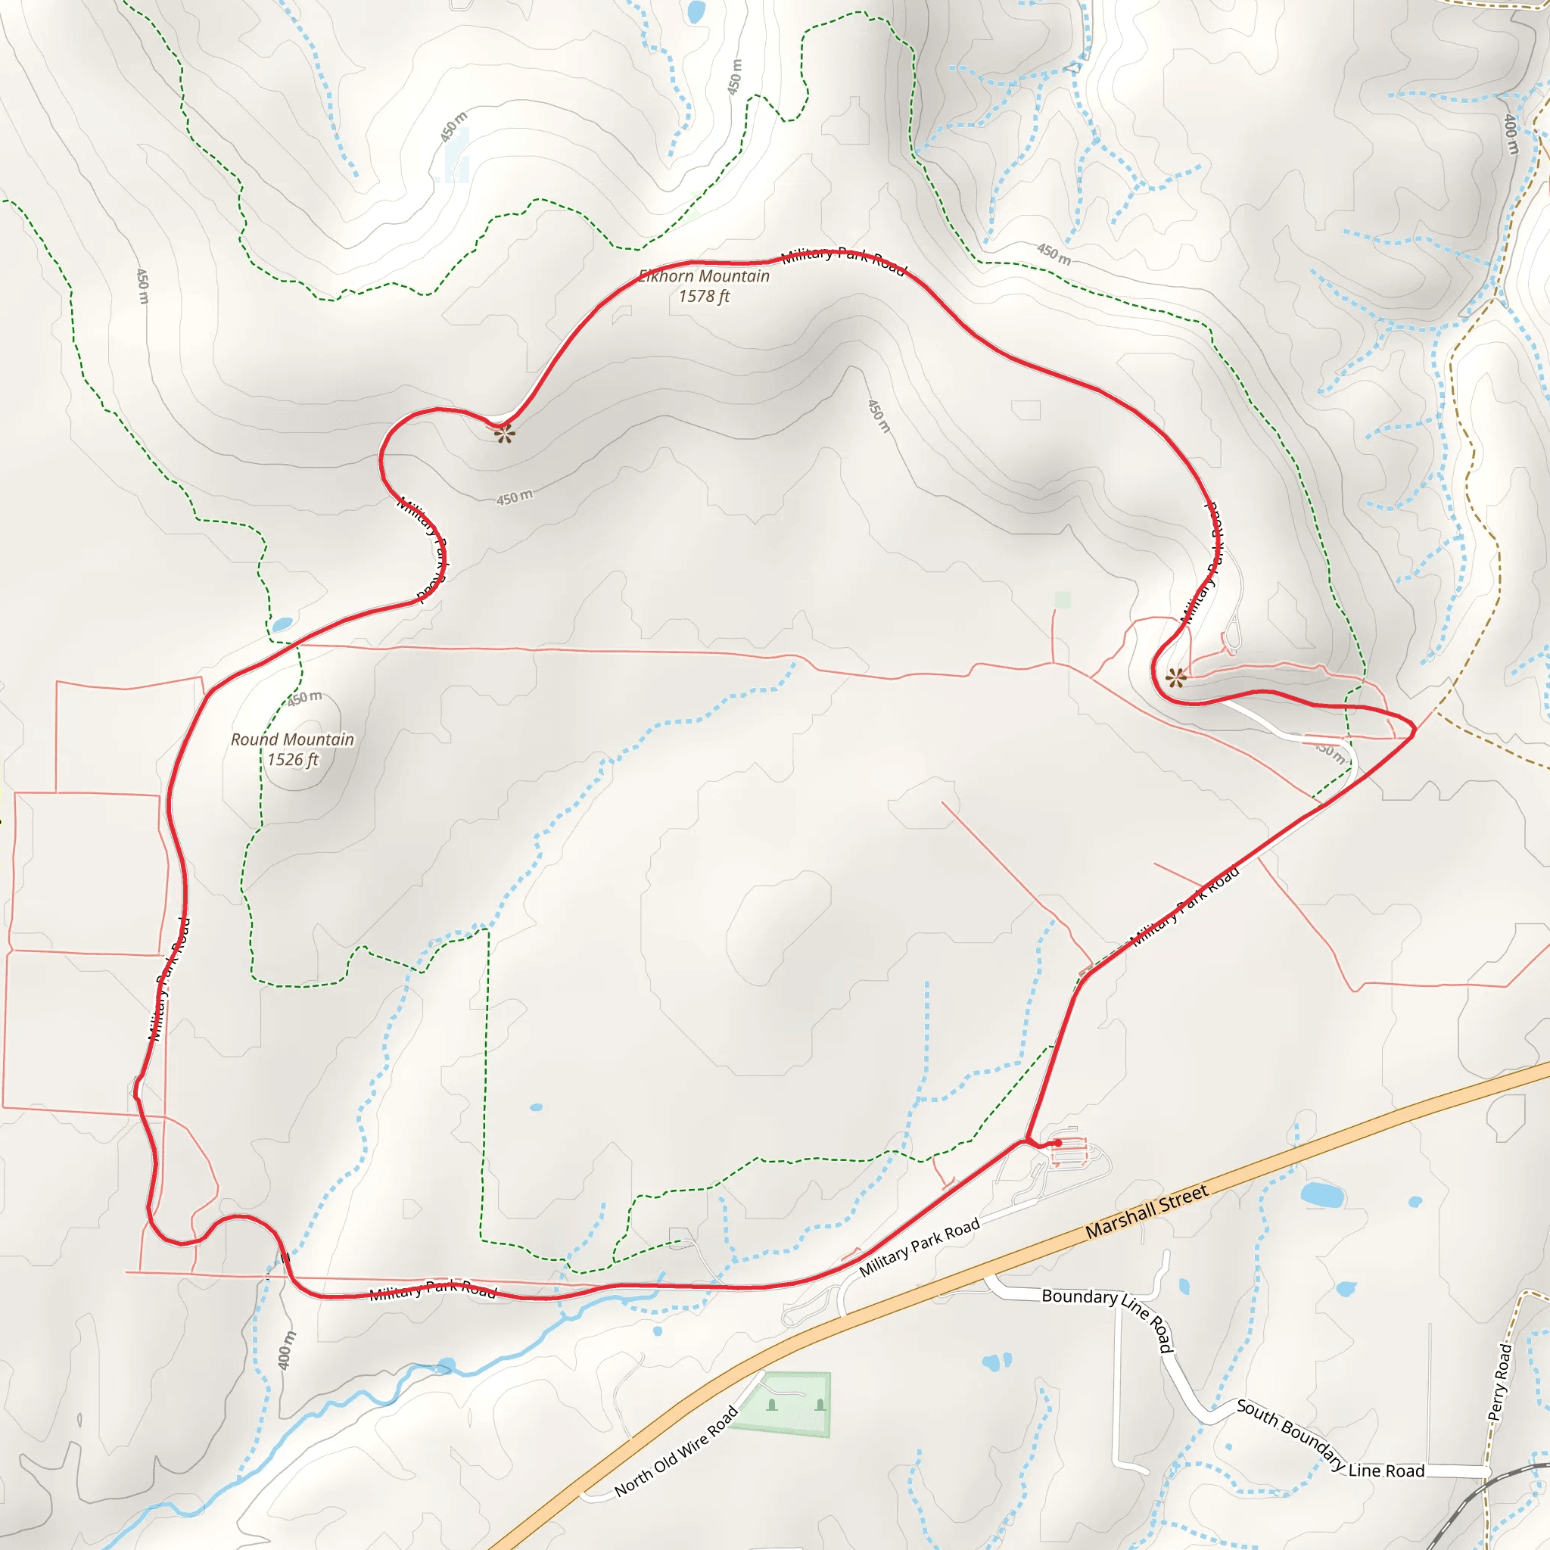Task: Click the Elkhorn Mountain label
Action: click(x=704, y=276)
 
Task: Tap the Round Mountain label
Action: click(x=292, y=739)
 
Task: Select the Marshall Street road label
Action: click(x=1147, y=1212)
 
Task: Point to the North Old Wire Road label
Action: click(x=676, y=1452)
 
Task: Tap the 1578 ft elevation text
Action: click(x=704, y=297)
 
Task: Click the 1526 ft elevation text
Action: click(x=292, y=760)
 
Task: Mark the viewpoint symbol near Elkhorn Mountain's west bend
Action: click(x=504, y=435)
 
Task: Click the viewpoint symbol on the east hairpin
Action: click(x=1176, y=678)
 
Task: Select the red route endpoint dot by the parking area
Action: click(x=1058, y=1142)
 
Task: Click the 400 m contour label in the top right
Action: click(x=1511, y=134)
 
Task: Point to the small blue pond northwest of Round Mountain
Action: click(x=282, y=624)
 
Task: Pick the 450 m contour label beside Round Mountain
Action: click(x=305, y=698)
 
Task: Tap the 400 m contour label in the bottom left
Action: click(x=286, y=1349)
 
